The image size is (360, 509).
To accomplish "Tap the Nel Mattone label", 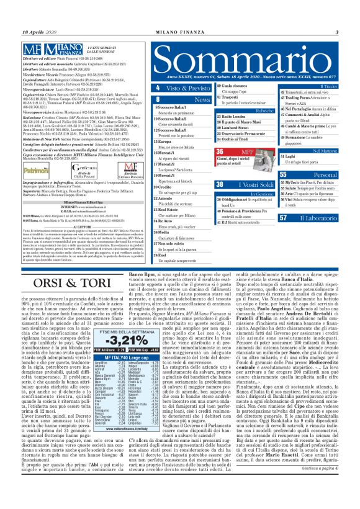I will coord(325,150).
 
